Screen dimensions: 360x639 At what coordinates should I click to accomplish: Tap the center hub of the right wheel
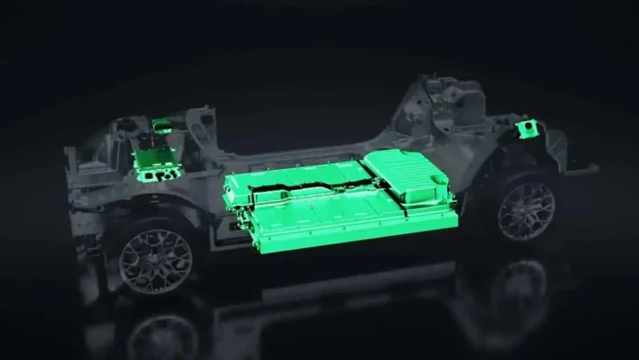(x=526, y=211)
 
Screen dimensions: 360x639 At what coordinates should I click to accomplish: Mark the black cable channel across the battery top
(x=303, y=194)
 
